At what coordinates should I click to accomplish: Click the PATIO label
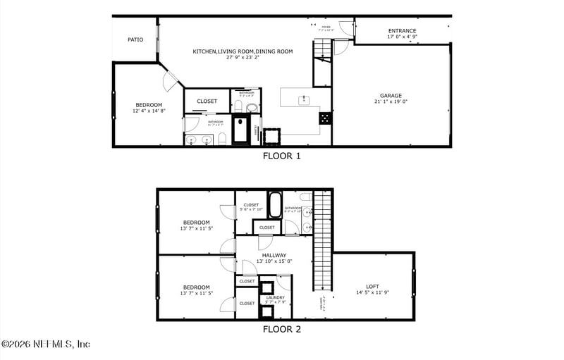(x=135, y=40)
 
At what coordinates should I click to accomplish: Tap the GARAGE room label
(x=391, y=96)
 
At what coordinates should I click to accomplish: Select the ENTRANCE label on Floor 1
(x=402, y=31)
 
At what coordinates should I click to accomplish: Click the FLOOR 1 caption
(x=281, y=156)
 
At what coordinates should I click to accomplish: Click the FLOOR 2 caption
(x=281, y=329)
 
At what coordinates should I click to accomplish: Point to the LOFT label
(x=372, y=287)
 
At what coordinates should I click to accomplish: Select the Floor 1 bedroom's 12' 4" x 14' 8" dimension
(x=149, y=111)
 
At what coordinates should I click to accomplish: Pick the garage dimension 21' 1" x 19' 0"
(x=391, y=102)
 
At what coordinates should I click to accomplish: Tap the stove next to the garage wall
(x=325, y=118)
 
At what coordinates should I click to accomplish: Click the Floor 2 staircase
(x=322, y=240)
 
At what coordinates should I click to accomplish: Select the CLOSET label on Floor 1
(x=207, y=101)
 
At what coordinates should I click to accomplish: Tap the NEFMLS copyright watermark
(x=46, y=345)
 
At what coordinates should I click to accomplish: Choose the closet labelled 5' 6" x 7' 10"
(x=251, y=208)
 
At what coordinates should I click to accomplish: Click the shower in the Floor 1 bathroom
(x=241, y=130)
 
